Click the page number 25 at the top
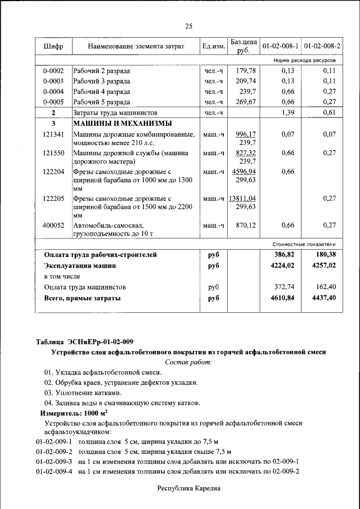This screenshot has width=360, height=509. [x=189, y=26]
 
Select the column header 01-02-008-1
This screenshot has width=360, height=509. [x=280, y=46]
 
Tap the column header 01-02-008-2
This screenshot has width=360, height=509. [x=322, y=46]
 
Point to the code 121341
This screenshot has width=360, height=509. [x=53, y=134]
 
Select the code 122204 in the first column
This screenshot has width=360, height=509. [x=53, y=172]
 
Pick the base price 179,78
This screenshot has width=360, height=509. [x=246, y=71]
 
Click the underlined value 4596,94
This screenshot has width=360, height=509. [x=245, y=172]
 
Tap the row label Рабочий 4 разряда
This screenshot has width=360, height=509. [x=102, y=92]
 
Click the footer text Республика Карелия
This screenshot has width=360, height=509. [x=188, y=489]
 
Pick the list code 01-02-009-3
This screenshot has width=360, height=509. [x=55, y=461]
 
